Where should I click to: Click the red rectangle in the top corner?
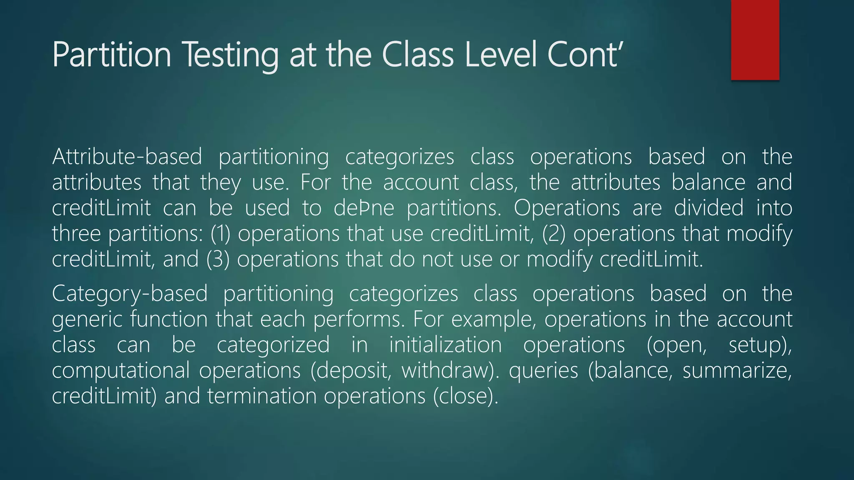pos(755,40)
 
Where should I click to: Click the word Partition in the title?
pos(112,55)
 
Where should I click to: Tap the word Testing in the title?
pos(231,55)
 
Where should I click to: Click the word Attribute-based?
pos(127,157)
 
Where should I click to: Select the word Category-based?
pos(130,293)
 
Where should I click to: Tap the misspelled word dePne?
pos(364,208)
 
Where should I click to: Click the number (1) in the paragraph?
pos(220,234)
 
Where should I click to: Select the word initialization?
pos(445,345)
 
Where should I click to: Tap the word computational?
pos(121,370)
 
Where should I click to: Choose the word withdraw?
pos(450,370)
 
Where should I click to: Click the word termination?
pos(262,396)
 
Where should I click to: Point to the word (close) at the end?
pos(465,396)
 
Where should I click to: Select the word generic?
pos(87,320)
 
